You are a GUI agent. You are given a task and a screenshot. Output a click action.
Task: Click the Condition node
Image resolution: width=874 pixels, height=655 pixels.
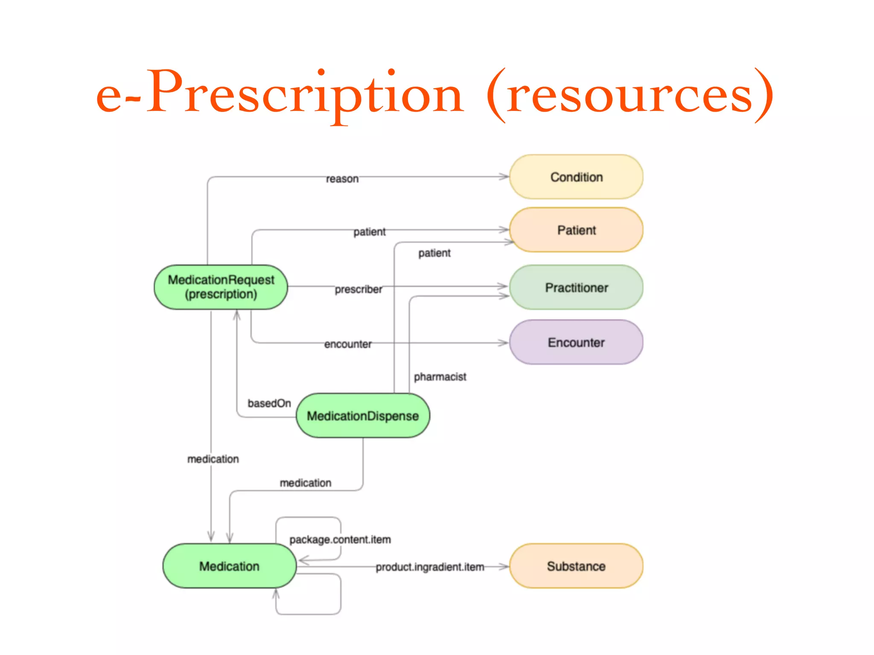pos(576,177)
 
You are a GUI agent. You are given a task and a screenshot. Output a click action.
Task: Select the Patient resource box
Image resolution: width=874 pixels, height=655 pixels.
pos(576,230)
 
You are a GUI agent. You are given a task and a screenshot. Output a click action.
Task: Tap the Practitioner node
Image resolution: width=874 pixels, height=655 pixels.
pos(576,287)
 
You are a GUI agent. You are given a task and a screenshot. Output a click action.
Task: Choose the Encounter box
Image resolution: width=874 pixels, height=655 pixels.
pos(576,342)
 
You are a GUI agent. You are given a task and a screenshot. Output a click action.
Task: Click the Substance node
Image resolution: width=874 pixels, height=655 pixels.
pos(576,566)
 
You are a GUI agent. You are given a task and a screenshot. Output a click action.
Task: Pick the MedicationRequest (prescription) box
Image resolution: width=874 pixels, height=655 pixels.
pos(221,287)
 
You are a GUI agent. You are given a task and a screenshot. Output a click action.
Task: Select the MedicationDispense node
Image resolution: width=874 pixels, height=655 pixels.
pos(363,416)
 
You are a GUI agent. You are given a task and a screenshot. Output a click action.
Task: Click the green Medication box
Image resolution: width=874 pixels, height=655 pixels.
pos(229,566)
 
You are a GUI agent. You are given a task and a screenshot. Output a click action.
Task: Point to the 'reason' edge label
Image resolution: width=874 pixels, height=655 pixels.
pos(342,179)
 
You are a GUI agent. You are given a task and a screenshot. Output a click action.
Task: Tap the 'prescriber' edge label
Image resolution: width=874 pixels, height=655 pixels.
pos(358,290)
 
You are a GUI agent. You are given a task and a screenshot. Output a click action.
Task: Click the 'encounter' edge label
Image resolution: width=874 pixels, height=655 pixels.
pos(348,344)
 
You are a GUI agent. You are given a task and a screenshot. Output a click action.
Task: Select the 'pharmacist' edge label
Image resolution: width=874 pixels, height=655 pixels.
pos(440,377)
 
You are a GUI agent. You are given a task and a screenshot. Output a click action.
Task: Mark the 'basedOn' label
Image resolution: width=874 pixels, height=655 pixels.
pos(269,403)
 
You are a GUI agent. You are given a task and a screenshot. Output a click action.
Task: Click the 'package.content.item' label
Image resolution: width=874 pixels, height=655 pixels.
pos(340,540)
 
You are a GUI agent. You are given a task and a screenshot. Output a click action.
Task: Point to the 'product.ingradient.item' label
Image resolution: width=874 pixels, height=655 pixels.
pos(430,567)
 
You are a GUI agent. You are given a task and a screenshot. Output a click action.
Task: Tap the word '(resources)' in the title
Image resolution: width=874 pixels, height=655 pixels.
pos(630,95)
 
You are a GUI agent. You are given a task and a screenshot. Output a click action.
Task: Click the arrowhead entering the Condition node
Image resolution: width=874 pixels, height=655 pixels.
pos(504,177)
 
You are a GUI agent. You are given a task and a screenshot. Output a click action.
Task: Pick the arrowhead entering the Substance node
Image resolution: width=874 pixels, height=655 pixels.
pos(504,567)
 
